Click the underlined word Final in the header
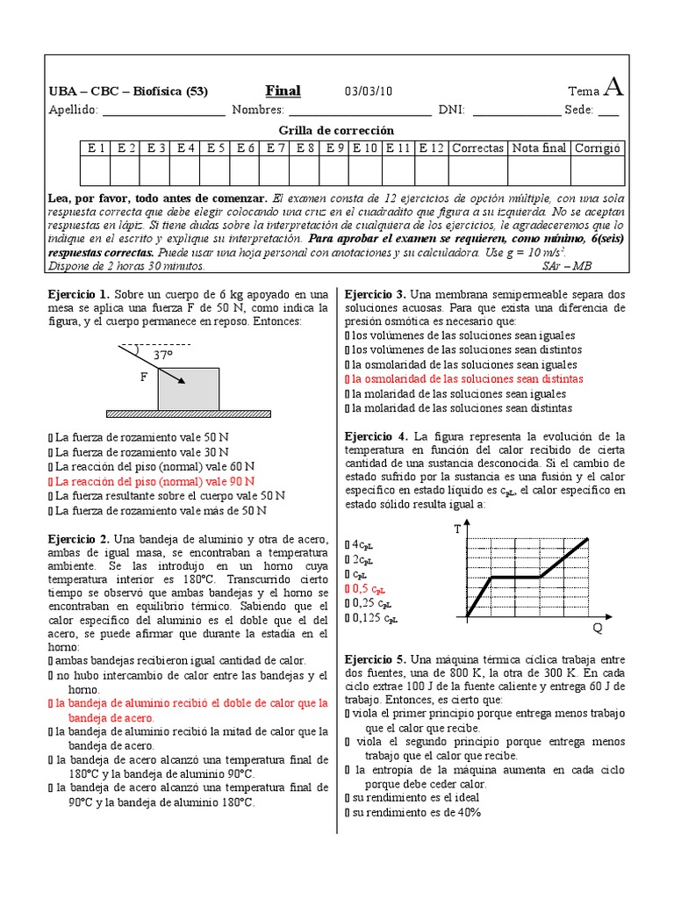[x=283, y=91]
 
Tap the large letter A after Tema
[x=614, y=88]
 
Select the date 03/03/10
[x=369, y=92]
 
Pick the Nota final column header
[x=539, y=148]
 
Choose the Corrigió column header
[x=597, y=148]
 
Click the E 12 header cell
[x=432, y=148]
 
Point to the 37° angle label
[x=163, y=356]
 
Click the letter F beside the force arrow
[x=144, y=376]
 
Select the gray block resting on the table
[x=189, y=388]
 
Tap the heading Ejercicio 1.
[x=79, y=294]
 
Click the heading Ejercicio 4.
[x=376, y=436]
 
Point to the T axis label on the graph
[x=456, y=529]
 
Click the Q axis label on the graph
[x=598, y=629]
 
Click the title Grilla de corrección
[x=336, y=130]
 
